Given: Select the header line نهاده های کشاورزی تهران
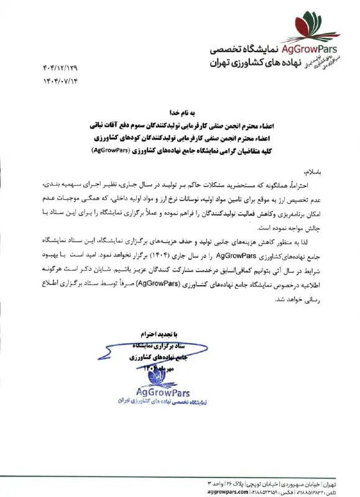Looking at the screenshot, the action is pyautogui.click(x=249, y=63).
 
